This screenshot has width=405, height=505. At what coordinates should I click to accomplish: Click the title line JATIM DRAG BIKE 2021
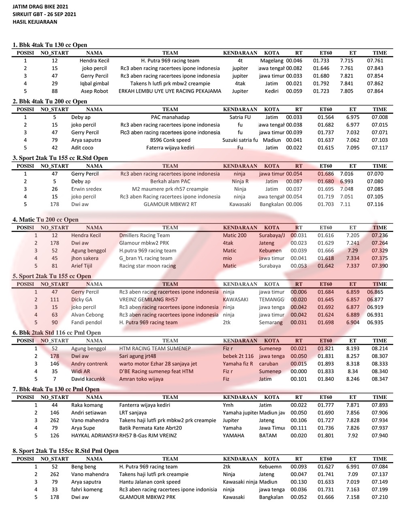[40, 6]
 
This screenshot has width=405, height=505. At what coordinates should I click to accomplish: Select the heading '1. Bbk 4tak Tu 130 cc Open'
[50, 45]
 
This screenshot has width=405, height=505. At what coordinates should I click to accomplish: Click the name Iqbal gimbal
[94, 84]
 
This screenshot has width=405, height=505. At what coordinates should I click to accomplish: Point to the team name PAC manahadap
[170, 117]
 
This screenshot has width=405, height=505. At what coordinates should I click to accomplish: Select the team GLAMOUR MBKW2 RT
[170, 205]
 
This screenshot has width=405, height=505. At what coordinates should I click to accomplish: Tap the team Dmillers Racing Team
[145, 235]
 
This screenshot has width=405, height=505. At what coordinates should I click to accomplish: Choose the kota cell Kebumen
[270, 251]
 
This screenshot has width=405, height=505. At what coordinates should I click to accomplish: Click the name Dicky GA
[81, 300]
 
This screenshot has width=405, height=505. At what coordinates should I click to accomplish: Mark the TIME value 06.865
[375, 292]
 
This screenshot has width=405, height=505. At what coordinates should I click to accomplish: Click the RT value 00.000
[298, 371]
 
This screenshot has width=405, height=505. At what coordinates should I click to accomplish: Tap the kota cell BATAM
[268, 436]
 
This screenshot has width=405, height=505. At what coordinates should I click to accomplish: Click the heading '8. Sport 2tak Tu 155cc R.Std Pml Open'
[66, 451]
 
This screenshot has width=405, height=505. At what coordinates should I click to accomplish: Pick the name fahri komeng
[87, 490]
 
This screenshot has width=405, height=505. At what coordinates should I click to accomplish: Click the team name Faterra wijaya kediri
[170, 148]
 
